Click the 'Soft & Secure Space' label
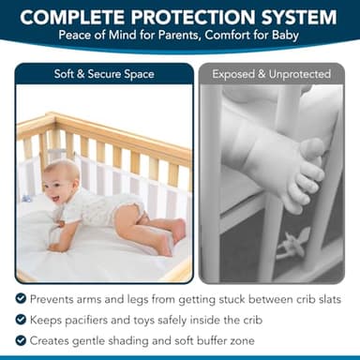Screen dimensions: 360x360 (104, 74)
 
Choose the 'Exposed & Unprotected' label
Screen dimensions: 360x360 (272, 74)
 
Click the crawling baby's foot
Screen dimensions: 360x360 (177, 230)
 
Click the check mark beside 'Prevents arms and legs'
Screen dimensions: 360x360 (21, 298)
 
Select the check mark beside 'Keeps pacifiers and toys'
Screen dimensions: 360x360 (21, 319)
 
